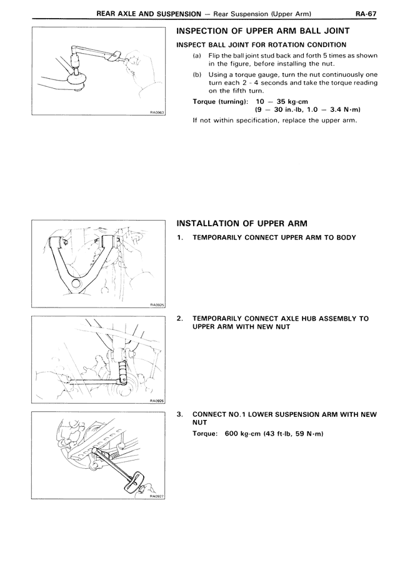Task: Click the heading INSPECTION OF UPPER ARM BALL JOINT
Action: tap(263, 31)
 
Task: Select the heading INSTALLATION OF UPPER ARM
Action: tap(242, 223)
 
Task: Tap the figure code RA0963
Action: tap(156, 113)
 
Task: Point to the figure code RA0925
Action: tap(156, 304)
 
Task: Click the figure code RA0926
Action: tap(156, 401)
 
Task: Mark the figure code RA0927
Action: tap(156, 497)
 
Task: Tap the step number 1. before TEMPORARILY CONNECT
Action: tap(180, 237)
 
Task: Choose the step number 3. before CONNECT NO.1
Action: tap(180, 414)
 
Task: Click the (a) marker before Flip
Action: tap(196, 55)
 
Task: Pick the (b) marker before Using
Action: tap(196, 73)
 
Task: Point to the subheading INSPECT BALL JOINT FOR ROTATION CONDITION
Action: tap(261, 44)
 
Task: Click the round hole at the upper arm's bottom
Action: tap(76, 284)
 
